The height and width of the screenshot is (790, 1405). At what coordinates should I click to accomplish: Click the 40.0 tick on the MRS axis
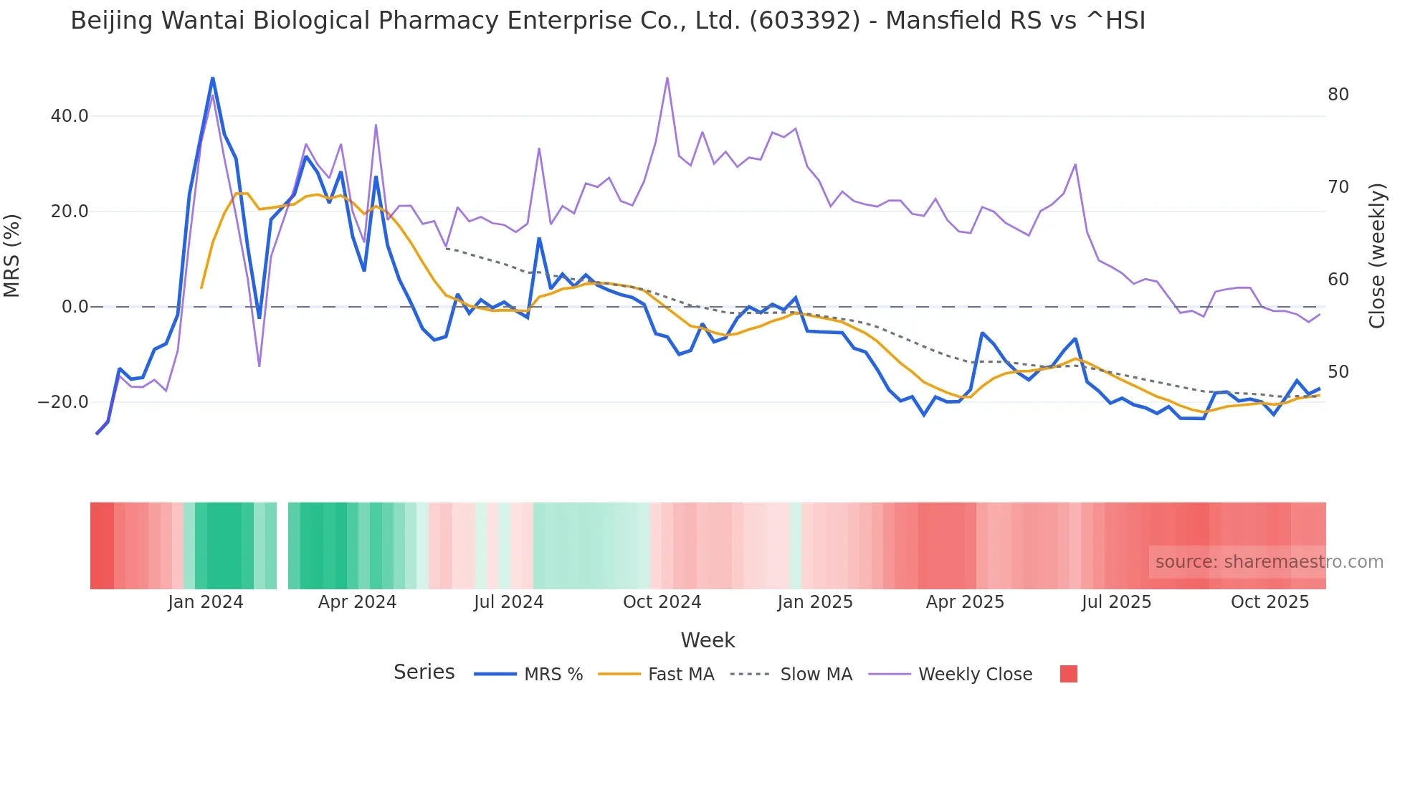coord(69,116)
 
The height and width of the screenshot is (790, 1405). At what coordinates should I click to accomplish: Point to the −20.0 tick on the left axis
coord(63,402)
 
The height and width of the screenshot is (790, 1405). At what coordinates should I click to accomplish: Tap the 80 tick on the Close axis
coord(1338,95)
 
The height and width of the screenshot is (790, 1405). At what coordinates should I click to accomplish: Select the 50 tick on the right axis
coord(1338,372)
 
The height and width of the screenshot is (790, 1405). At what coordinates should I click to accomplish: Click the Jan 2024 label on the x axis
coord(206,602)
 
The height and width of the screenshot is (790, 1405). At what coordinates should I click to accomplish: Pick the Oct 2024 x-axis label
coord(662,602)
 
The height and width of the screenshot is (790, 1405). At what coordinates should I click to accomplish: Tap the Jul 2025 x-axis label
coord(1116,602)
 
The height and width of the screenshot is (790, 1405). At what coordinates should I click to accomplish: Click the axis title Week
coord(708,640)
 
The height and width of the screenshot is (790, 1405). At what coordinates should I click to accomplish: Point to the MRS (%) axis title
coord(12,256)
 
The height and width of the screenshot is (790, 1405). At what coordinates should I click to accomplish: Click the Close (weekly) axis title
coord(1376,256)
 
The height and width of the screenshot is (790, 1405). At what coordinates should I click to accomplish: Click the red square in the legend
coord(1068,674)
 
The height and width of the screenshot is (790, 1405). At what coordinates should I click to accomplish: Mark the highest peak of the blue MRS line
coord(213,78)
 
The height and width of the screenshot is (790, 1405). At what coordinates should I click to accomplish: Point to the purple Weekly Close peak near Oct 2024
coord(667,78)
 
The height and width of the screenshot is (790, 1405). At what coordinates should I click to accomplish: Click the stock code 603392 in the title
coord(804,21)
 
